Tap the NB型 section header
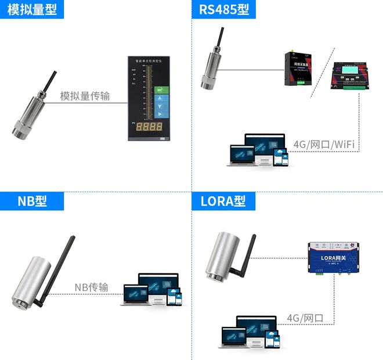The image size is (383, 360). (x=32, y=201)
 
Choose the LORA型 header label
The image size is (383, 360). (x=223, y=201)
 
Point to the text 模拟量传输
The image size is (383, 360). (x=85, y=96)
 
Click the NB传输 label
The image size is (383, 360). (x=92, y=287)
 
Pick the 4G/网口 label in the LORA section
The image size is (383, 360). (x=305, y=318)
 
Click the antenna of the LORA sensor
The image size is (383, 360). (x=248, y=255)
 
